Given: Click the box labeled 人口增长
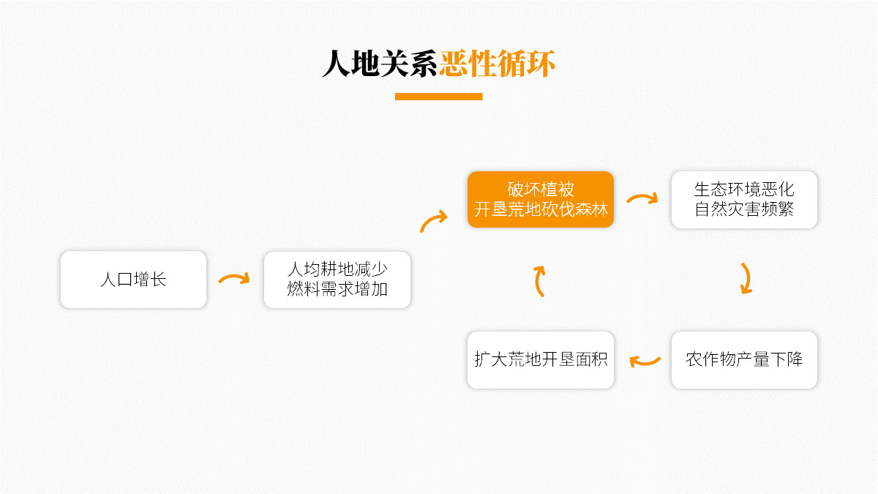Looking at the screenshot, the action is pos(133,280).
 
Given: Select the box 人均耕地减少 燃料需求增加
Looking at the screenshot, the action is pos(337,280).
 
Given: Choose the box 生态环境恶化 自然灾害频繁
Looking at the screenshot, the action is pos(744,199).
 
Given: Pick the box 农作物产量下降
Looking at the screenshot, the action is pos(744,359).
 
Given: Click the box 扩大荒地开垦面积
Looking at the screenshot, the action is pos(541,359).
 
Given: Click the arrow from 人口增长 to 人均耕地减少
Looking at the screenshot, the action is pos(234,279).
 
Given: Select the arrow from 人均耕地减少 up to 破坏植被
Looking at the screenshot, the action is pos(434,220).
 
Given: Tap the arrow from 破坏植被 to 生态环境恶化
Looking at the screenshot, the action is pos(642,198).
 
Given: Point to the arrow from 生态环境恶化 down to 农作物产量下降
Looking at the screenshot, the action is pos(746,278).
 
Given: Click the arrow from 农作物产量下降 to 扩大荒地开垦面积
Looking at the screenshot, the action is pos(645,360).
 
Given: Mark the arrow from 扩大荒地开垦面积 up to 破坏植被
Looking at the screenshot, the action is pos(540,281).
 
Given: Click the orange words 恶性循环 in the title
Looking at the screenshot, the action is pos(497,64).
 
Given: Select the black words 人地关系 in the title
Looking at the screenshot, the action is pos(380,64).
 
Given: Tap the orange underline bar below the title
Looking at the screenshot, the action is pos(438,97).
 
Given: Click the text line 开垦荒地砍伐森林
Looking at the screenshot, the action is pos(541,209).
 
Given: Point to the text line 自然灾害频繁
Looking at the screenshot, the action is pos(744,209).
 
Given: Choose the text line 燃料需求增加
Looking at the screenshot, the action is pos(337,289).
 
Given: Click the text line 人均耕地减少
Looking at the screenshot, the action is pos(337,269).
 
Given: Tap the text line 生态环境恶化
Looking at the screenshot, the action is pos(744,189).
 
